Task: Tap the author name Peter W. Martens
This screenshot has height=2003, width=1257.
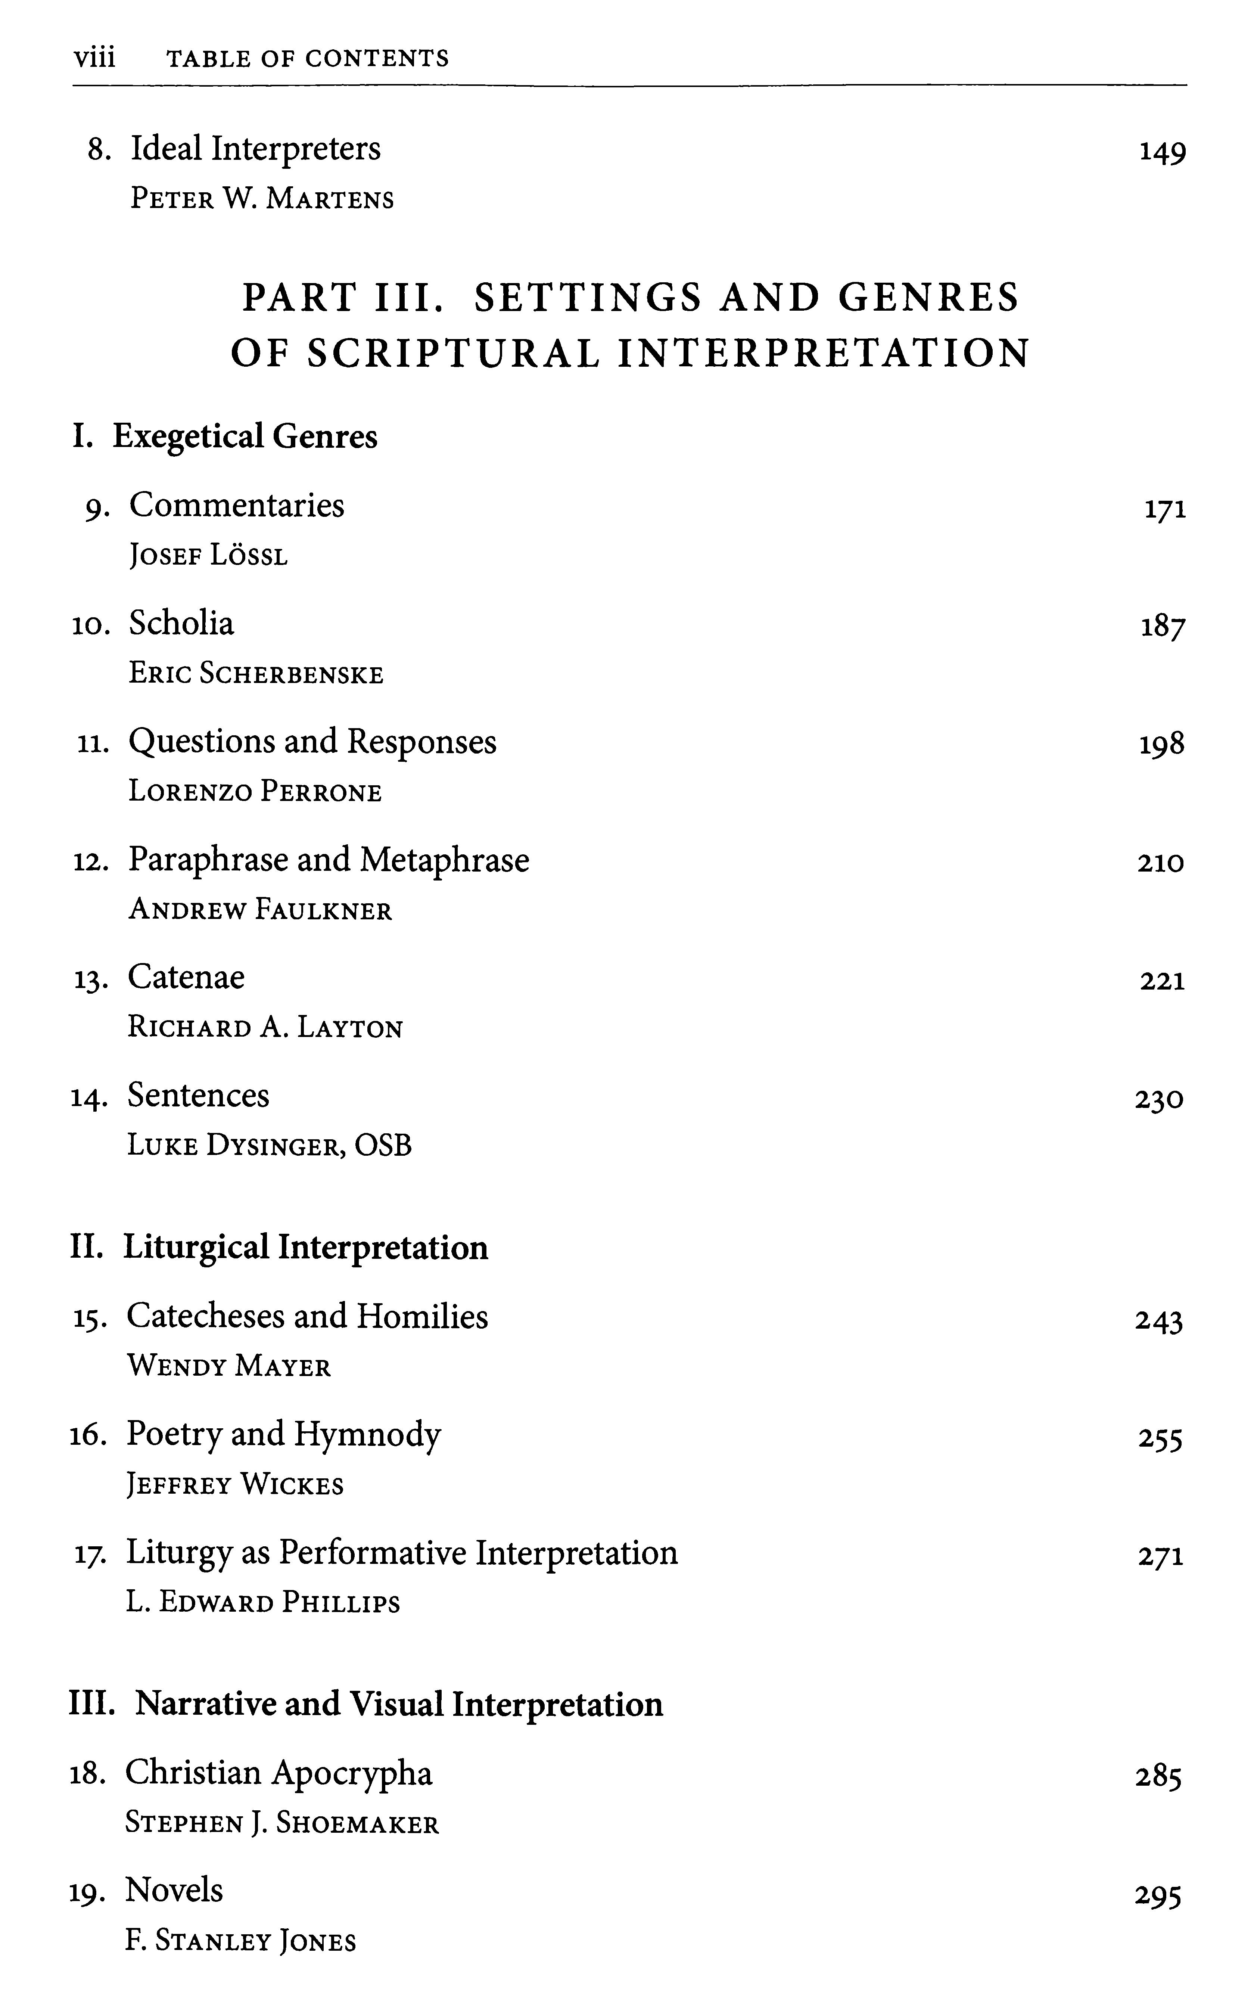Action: click(262, 199)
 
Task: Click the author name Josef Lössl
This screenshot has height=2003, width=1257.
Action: click(208, 555)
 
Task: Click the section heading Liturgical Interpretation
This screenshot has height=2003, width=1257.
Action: click(305, 1247)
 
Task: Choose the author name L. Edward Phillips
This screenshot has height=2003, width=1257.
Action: click(263, 1602)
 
